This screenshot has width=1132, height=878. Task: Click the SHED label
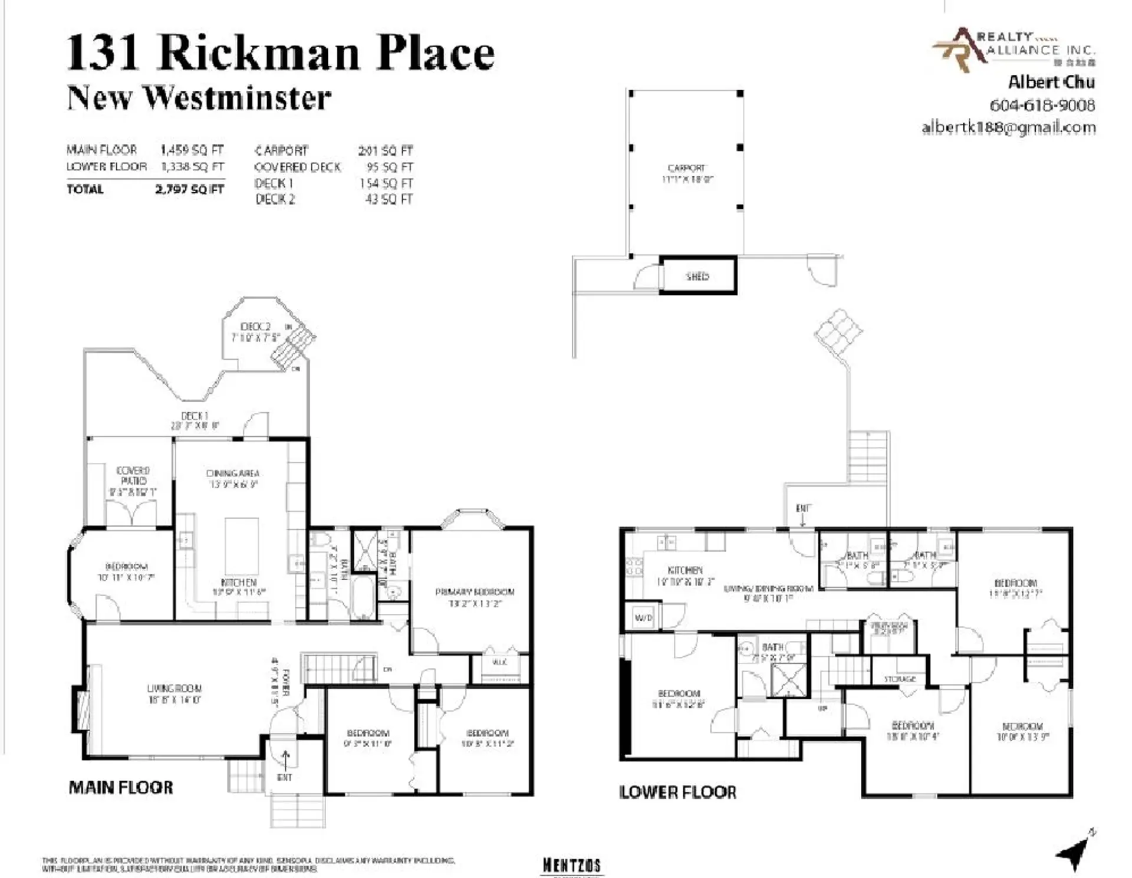click(697, 276)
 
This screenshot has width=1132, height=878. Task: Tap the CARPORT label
click(686, 168)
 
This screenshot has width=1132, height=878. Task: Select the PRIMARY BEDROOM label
click(475, 592)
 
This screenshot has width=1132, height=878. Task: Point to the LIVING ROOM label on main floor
click(174, 688)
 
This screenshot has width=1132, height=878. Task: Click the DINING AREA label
click(233, 473)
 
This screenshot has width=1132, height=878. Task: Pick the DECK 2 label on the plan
click(255, 327)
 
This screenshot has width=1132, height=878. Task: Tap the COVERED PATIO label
click(133, 476)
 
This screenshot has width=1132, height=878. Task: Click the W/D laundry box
click(643, 617)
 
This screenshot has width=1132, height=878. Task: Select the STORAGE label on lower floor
click(900, 679)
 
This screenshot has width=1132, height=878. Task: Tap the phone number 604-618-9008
click(1042, 105)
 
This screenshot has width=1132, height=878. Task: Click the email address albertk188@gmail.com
click(1008, 127)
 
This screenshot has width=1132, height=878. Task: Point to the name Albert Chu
click(1051, 82)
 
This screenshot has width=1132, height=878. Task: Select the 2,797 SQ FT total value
click(189, 189)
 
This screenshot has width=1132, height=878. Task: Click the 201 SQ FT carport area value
click(386, 151)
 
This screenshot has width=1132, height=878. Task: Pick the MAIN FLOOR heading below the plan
click(121, 787)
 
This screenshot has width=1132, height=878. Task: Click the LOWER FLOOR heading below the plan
click(677, 792)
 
